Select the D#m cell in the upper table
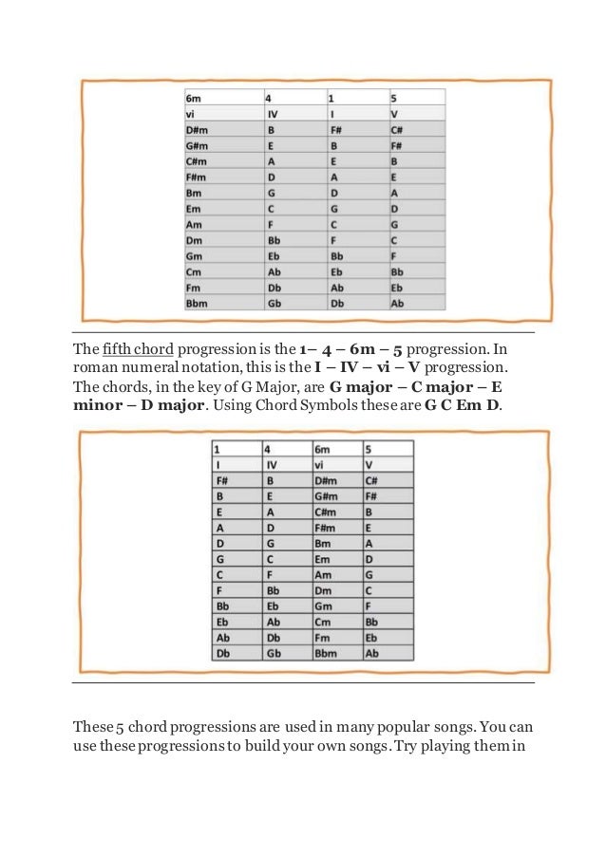198,129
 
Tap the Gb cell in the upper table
275,304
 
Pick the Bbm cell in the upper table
198,304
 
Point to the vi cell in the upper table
192,113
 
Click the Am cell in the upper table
195,224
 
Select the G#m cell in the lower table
327,496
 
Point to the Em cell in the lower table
323,560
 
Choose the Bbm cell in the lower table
327,654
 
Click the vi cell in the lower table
320,465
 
